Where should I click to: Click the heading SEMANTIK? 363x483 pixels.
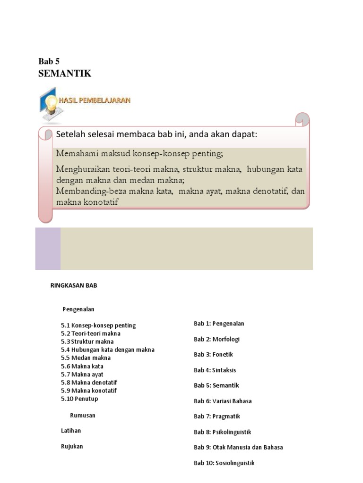pyautogui.click(x=64, y=74)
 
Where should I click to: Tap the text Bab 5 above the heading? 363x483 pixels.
pyautogui.click(x=49, y=61)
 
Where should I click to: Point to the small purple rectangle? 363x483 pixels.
pyautogui.click(x=48, y=249)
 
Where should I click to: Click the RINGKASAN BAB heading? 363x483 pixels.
pyautogui.click(x=73, y=285)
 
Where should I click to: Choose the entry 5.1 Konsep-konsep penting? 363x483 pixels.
pyautogui.click(x=98, y=325)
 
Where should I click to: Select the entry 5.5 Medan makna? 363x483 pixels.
pyautogui.click(x=86, y=358)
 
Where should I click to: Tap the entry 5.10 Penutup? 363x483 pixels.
pyautogui.click(x=79, y=399)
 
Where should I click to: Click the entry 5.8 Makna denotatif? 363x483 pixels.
pyautogui.click(x=89, y=383)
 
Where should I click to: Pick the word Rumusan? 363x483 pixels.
pyautogui.click(x=83, y=415)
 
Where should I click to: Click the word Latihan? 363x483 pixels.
pyautogui.click(x=71, y=431)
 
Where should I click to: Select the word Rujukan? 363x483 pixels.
pyautogui.click(x=72, y=446)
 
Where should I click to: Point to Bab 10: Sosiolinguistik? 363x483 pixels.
pyautogui.click(x=224, y=463)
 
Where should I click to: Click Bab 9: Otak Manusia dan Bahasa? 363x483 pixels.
pyautogui.click(x=238, y=447)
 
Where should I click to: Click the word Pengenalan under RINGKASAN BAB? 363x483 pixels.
pyautogui.click(x=78, y=309)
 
